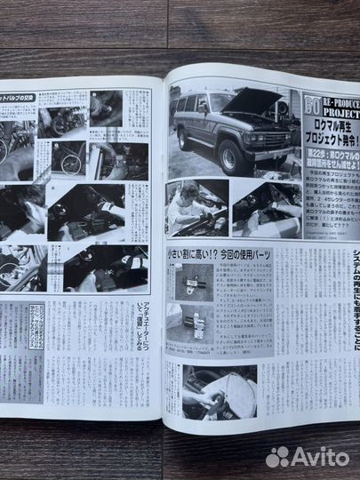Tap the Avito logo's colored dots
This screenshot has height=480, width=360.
(277, 456)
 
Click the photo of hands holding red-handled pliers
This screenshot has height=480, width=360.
(219, 392)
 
